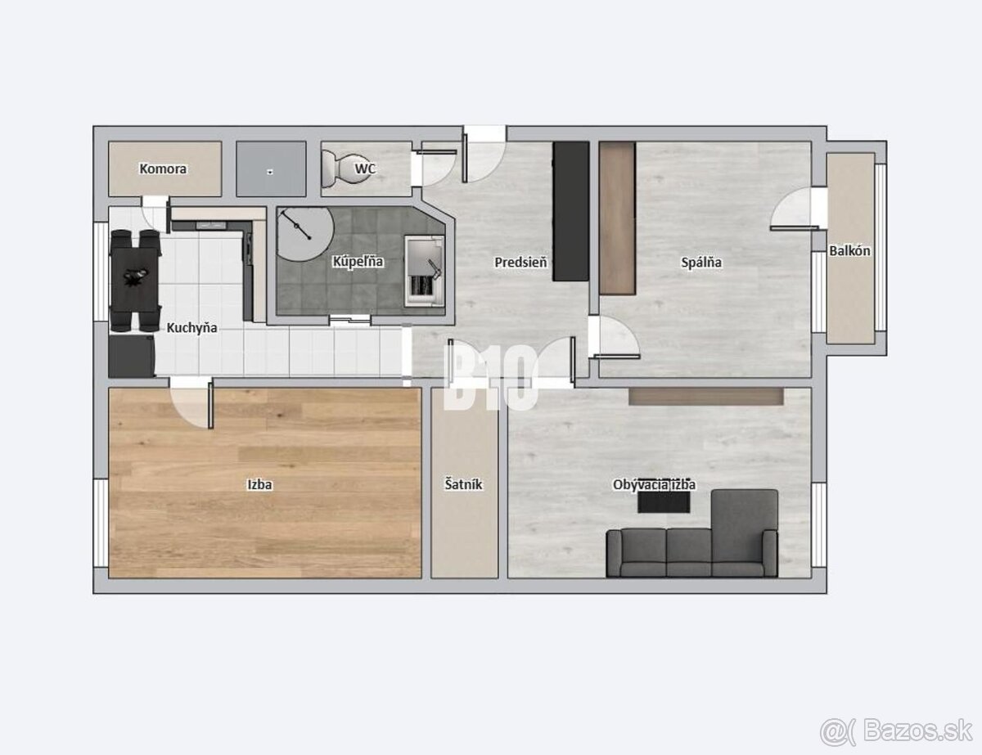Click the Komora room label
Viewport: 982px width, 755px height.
163,169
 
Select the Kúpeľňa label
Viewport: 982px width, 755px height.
358,262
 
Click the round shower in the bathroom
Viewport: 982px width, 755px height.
304,234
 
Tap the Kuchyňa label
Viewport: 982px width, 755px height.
191,328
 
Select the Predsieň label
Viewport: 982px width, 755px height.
520,263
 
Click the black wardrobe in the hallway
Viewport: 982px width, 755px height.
571,211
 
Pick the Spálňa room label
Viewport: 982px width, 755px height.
701,263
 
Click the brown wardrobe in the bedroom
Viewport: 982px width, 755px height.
618,218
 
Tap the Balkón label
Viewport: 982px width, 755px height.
849,251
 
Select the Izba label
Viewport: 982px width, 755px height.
260,484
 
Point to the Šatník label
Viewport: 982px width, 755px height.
464,484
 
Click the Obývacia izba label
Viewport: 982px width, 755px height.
654,485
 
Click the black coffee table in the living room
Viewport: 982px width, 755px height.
664,502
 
